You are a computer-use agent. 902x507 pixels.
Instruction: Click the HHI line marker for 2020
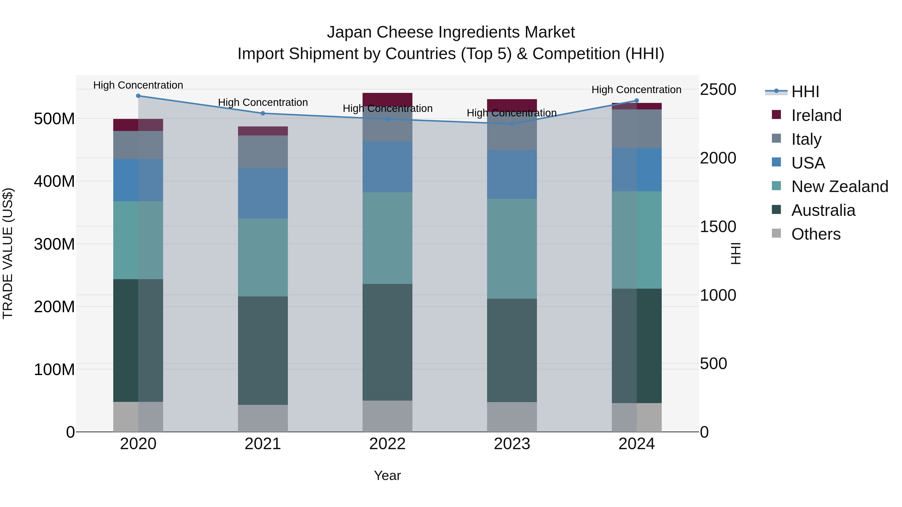[138, 96]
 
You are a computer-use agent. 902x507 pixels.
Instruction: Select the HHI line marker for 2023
[512, 124]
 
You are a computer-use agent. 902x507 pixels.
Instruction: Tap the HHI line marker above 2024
[637, 101]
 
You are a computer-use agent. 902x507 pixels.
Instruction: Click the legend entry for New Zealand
[839, 187]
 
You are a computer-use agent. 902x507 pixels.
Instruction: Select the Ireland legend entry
[816, 115]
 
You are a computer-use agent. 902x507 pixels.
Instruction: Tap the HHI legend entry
[805, 92]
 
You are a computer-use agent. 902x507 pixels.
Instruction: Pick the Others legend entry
[816, 234]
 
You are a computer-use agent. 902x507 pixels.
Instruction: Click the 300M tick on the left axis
[54, 244]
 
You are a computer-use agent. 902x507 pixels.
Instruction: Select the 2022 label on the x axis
[387, 444]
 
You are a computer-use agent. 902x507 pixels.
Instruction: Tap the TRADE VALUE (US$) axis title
[8, 253]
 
